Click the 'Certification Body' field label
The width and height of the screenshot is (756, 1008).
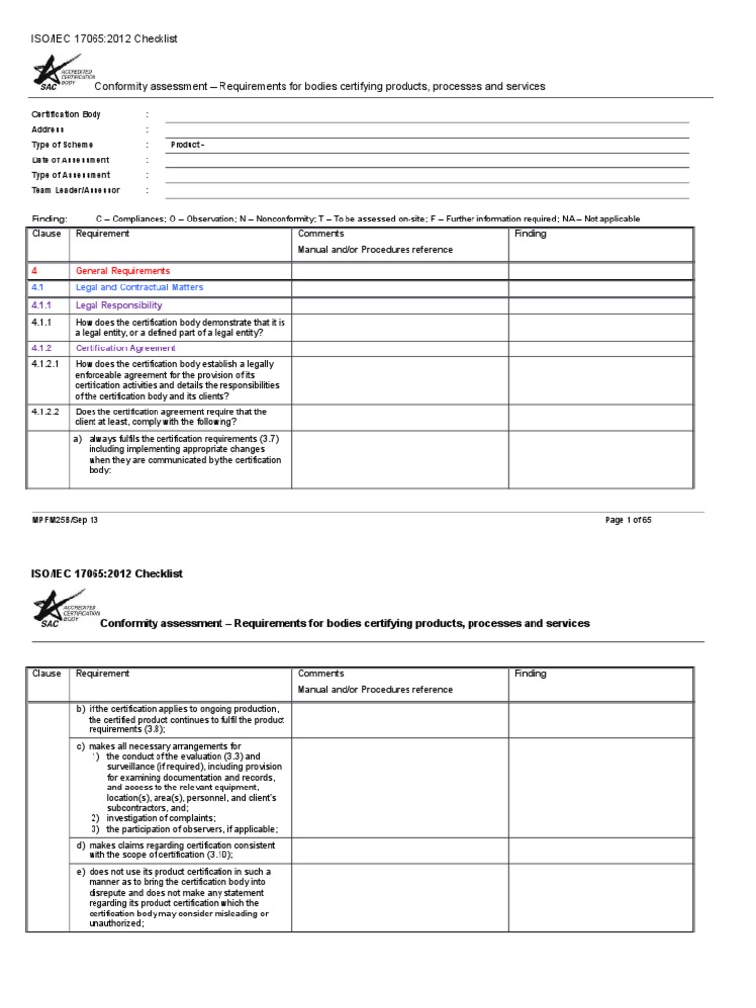(66, 115)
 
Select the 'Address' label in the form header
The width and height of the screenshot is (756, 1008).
(48, 130)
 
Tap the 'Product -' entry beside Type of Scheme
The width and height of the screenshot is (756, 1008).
(187, 145)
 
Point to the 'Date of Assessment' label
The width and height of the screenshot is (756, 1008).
(71, 160)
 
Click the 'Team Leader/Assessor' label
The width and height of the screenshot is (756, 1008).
(76, 190)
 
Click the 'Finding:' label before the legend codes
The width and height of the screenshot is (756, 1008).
(49, 219)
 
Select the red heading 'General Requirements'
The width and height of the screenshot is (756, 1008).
(123, 271)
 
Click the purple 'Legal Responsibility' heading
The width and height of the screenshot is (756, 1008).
(119, 306)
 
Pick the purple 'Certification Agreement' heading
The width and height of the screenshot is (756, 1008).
(126, 348)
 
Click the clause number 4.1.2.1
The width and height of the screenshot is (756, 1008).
(48, 364)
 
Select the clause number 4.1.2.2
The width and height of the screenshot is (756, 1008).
(48, 412)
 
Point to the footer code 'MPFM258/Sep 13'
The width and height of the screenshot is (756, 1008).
(64, 521)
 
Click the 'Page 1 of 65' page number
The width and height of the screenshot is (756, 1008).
(628, 521)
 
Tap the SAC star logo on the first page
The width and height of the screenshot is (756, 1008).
(51, 72)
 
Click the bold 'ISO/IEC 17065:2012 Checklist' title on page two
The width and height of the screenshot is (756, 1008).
(107, 574)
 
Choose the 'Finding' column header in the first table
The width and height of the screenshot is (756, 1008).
(531, 235)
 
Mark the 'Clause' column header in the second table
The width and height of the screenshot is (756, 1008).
(47, 674)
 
